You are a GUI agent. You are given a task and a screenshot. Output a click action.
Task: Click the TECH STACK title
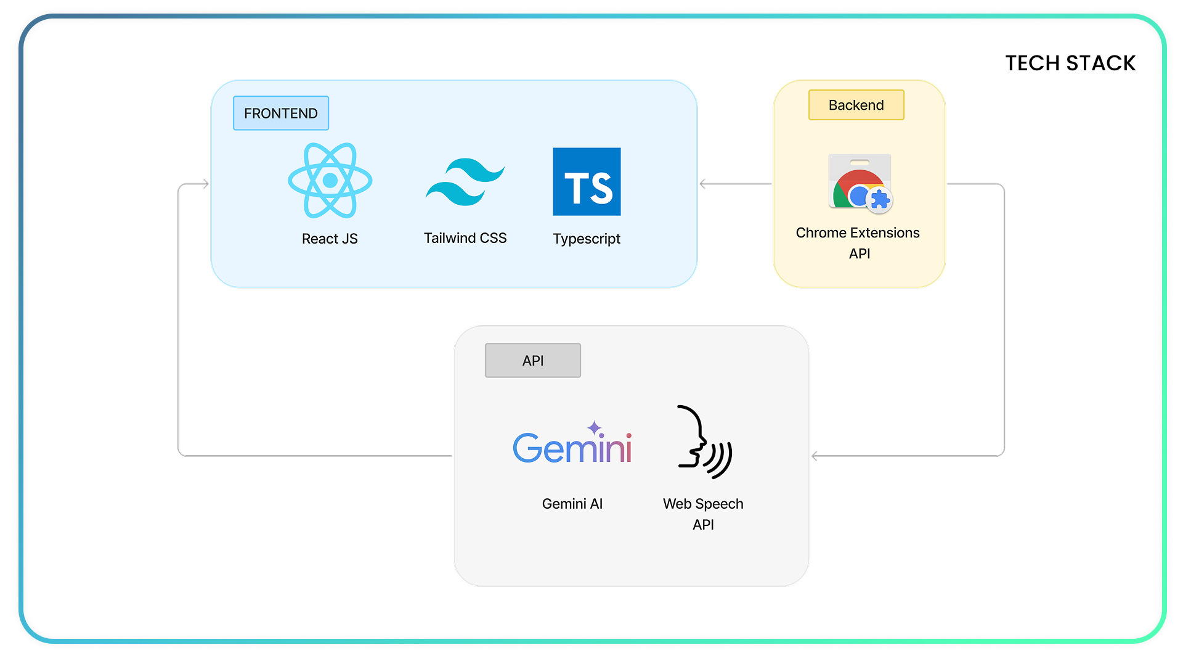pos(1070,63)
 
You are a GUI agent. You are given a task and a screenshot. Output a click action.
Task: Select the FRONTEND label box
pos(281,113)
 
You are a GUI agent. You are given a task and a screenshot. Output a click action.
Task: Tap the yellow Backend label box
pos(856,105)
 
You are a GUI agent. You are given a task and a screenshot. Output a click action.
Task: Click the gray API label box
pos(533,361)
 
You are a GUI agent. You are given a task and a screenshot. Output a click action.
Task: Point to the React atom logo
pos(330,181)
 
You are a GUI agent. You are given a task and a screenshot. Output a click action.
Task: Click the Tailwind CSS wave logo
pos(465,182)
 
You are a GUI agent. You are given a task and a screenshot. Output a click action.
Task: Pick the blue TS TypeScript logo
pos(587,182)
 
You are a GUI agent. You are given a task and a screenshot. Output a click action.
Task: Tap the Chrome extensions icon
pos(860,184)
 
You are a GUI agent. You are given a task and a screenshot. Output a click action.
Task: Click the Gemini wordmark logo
pos(572,447)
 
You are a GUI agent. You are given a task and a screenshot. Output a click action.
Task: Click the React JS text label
pos(330,239)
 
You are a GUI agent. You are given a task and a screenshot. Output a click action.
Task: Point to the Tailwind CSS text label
pos(465,238)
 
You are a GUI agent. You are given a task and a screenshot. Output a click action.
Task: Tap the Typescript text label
pos(587,239)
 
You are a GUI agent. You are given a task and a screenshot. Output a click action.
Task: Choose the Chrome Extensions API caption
pos(858,243)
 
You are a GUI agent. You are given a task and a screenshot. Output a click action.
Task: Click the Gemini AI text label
pos(572,504)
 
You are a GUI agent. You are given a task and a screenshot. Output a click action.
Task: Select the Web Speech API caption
pos(703,514)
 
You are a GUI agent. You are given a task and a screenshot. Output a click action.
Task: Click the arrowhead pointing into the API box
pos(815,456)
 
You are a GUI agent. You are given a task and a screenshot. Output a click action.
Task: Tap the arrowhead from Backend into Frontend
pos(703,184)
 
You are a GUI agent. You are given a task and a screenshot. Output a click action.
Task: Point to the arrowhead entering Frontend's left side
pos(206,184)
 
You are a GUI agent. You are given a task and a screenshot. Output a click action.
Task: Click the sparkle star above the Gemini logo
pos(594,427)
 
